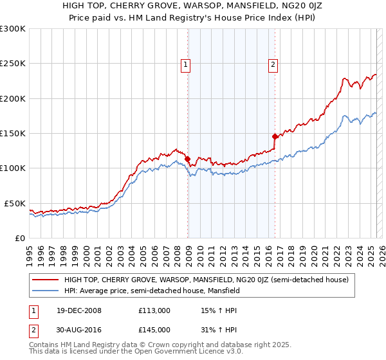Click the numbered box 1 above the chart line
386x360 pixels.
[x=185, y=64]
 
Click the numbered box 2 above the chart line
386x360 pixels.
[x=273, y=64]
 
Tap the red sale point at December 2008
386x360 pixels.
[x=188, y=159]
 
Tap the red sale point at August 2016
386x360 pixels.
[x=275, y=136]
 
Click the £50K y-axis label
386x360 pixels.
[x=15, y=203]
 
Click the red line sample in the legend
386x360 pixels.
[x=45, y=280]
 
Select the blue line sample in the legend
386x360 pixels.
[x=45, y=291]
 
